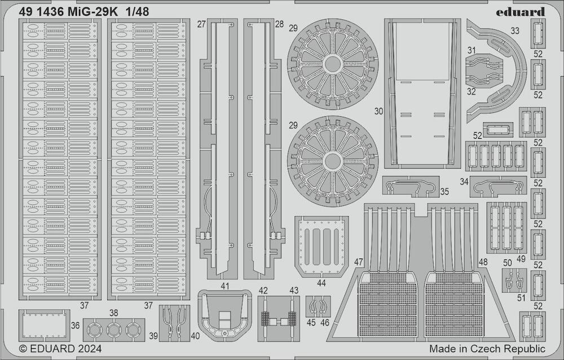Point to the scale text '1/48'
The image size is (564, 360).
137,11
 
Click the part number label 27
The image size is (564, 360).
201,24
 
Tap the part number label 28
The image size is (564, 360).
279,24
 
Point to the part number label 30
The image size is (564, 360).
378,112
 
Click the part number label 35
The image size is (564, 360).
444,192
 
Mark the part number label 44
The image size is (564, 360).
321,282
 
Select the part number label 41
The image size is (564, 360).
225,286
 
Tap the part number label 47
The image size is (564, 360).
359,262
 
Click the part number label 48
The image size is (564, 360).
483,262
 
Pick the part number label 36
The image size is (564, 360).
76,325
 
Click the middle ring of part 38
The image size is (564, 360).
114,330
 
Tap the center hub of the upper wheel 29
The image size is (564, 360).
332,63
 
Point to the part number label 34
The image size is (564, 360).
464,182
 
